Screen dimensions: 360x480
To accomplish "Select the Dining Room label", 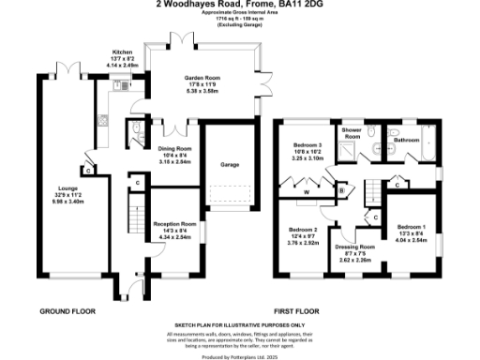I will click(x=172, y=149).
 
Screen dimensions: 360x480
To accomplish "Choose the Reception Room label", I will click(x=175, y=224).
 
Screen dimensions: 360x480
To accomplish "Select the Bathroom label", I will click(x=407, y=141).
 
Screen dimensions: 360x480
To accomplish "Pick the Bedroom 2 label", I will click(x=303, y=230).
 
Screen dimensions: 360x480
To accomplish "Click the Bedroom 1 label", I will click(x=410, y=227).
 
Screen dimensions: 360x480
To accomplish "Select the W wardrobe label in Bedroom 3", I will click(x=307, y=193).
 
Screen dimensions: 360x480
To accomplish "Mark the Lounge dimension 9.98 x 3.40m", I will click(x=56, y=201).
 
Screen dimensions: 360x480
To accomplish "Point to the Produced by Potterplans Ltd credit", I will click(x=240, y=356).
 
